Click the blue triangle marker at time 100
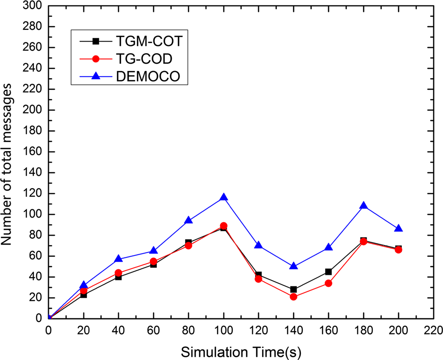coord(224,197)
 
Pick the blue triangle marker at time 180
coord(364,206)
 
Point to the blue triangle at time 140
coord(294,266)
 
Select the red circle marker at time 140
coord(294,297)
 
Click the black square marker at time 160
coord(328,272)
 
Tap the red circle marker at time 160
coord(328,283)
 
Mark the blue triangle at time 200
coord(399,229)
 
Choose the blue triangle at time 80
coord(188,220)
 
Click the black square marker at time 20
coord(83,295)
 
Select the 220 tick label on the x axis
coord(433,329)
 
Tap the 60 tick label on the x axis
coord(153,329)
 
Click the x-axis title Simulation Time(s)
coord(241,351)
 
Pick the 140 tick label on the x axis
coord(294,329)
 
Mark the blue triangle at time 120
coord(258,245)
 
